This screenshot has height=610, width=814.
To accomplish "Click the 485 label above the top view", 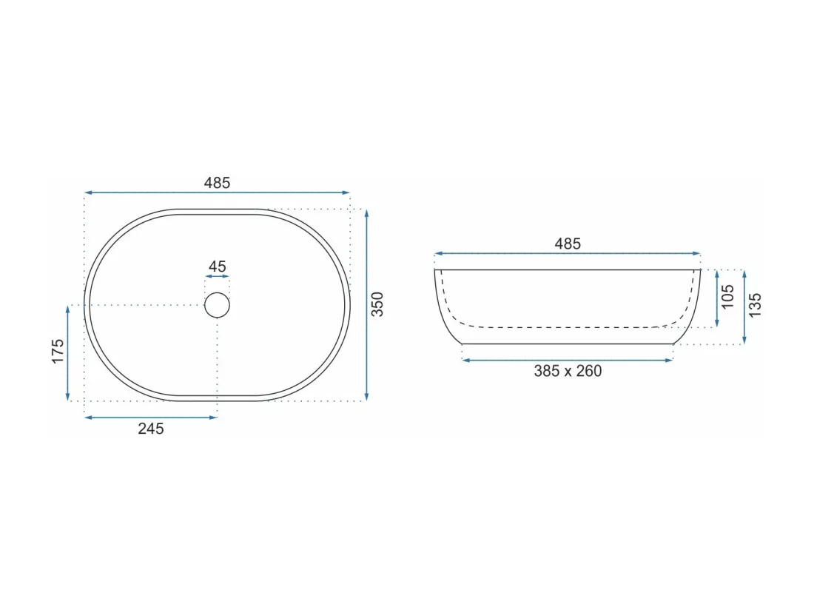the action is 217,183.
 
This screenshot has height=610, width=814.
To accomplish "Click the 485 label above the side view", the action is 568,244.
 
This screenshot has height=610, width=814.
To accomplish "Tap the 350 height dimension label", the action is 377,304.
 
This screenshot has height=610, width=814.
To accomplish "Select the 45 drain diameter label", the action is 217,267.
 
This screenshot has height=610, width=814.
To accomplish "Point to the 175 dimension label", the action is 58,351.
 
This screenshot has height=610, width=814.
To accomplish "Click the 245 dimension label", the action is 150,429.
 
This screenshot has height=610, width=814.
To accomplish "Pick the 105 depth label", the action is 728,296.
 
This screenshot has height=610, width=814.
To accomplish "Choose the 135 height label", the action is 755,305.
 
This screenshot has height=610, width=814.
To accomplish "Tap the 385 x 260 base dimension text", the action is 568,371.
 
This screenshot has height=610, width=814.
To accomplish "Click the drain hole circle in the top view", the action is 217,293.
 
